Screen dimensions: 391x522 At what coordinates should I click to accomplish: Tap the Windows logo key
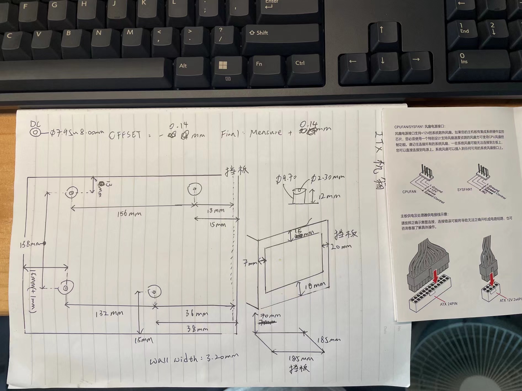223,65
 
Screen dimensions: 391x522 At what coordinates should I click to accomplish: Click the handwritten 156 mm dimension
129,214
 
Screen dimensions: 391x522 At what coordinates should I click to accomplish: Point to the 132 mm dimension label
109,314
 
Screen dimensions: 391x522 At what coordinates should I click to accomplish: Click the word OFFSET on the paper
125,135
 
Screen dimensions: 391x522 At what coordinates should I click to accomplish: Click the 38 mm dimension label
198,329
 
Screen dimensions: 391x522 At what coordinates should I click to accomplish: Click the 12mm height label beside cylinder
329,196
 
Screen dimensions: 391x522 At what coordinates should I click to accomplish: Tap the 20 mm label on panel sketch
341,247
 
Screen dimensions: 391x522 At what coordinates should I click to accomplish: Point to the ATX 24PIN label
448,304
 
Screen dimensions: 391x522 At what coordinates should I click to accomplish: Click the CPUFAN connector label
409,192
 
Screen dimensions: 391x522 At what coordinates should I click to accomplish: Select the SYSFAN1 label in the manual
465,190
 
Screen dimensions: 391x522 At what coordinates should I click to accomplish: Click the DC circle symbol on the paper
35,133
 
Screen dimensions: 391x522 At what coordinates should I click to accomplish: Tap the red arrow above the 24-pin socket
436,277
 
